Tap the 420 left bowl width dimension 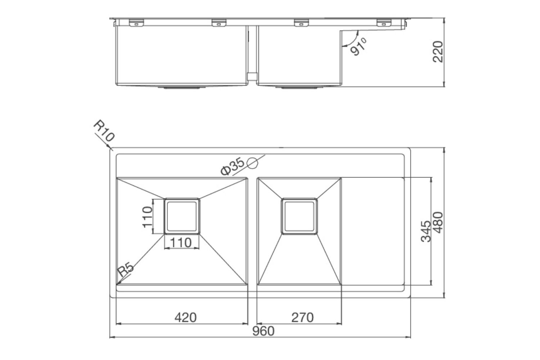(x=185, y=318)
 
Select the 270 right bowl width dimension (x=302, y=318)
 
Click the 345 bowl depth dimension (x=426, y=231)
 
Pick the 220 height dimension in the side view (x=438, y=51)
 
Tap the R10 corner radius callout (x=104, y=131)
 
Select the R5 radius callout (x=126, y=269)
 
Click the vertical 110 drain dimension (x=147, y=216)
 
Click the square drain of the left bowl (x=182, y=216)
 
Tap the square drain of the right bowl (x=299, y=216)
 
